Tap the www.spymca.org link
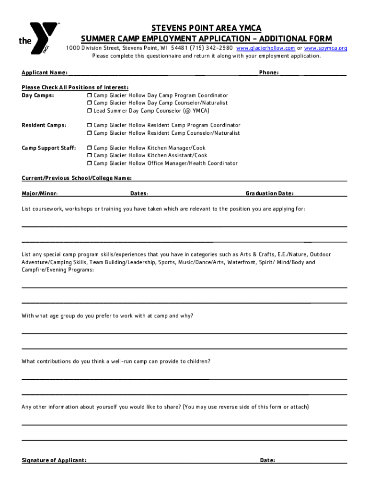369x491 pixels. click(x=326, y=48)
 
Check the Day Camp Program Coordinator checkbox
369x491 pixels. click(x=89, y=95)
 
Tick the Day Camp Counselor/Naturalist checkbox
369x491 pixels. click(x=89, y=103)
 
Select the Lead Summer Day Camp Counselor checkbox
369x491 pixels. click(x=89, y=111)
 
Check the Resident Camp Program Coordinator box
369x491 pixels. click(x=89, y=125)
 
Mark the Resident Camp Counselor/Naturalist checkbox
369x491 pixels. click(x=89, y=133)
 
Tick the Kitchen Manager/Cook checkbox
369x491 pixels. click(x=89, y=148)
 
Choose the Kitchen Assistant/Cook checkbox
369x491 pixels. click(x=89, y=156)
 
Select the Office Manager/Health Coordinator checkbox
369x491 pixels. click(x=89, y=164)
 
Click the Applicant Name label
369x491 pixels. click(x=45, y=72)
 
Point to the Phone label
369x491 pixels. click(x=269, y=72)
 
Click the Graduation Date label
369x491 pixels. click(x=269, y=194)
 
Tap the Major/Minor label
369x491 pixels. click(x=40, y=194)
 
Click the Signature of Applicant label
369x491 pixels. click(x=54, y=460)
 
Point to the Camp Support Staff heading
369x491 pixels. click(x=49, y=148)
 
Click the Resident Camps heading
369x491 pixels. click(x=44, y=125)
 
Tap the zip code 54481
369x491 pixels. click(x=179, y=48)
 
